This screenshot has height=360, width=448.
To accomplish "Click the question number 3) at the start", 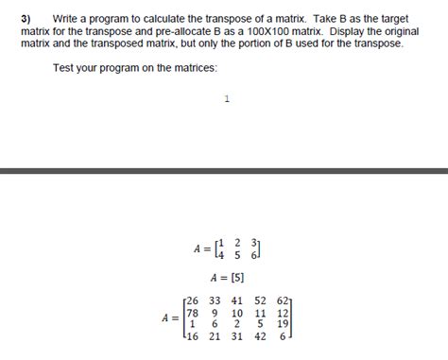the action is tap(26, 19).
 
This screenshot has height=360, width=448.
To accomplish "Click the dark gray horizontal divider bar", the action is tap(224, 171).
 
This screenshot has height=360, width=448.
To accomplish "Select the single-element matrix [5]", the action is tap(235, 278).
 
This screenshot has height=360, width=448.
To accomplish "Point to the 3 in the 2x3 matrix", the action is tap(253, 244).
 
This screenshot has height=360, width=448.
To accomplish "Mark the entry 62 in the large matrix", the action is tap(282, 301).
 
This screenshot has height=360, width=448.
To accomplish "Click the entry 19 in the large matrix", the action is tap(282, 324).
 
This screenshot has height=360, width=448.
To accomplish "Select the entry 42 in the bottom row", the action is tap(260, 336).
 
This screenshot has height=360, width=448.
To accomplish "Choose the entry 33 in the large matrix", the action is tap(215, 301).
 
